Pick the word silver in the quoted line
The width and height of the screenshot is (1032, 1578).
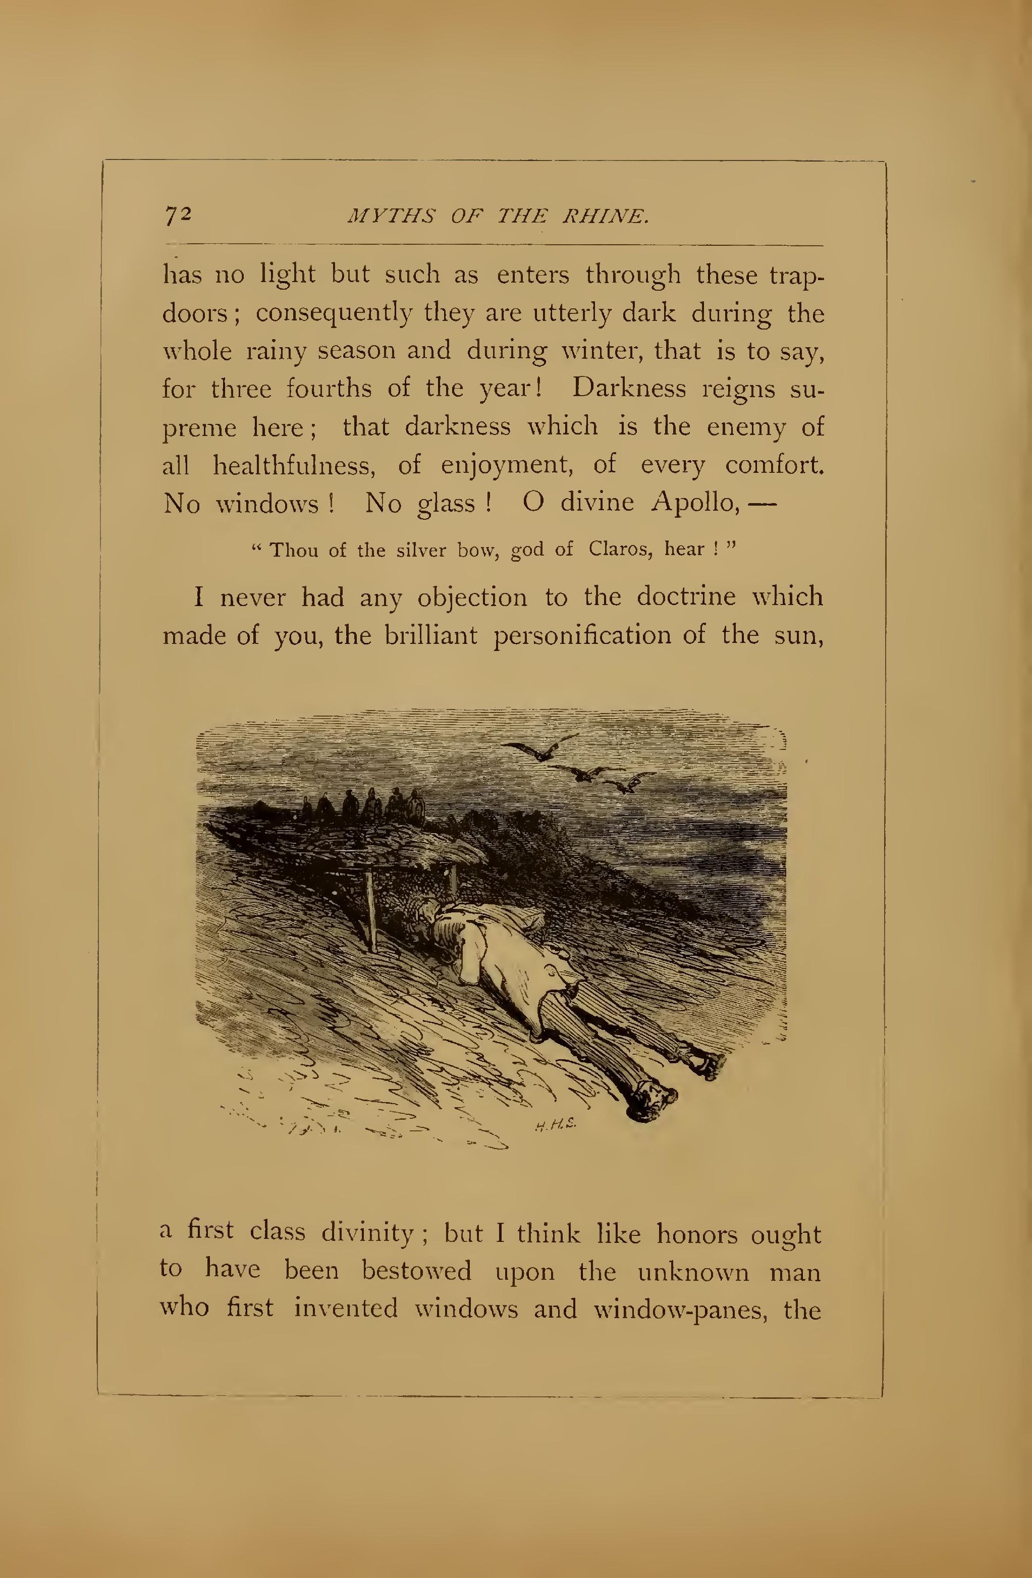click(x=421, y=551)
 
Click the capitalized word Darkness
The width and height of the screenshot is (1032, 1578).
click(x=629, y=389)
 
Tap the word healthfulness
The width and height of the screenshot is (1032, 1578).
click(x=294, y=465)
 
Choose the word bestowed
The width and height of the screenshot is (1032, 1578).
click(x=416, y=1271)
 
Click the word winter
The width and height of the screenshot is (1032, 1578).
click(x=597, y=351)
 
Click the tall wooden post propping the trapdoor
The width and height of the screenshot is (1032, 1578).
click(x=370, y=910)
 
